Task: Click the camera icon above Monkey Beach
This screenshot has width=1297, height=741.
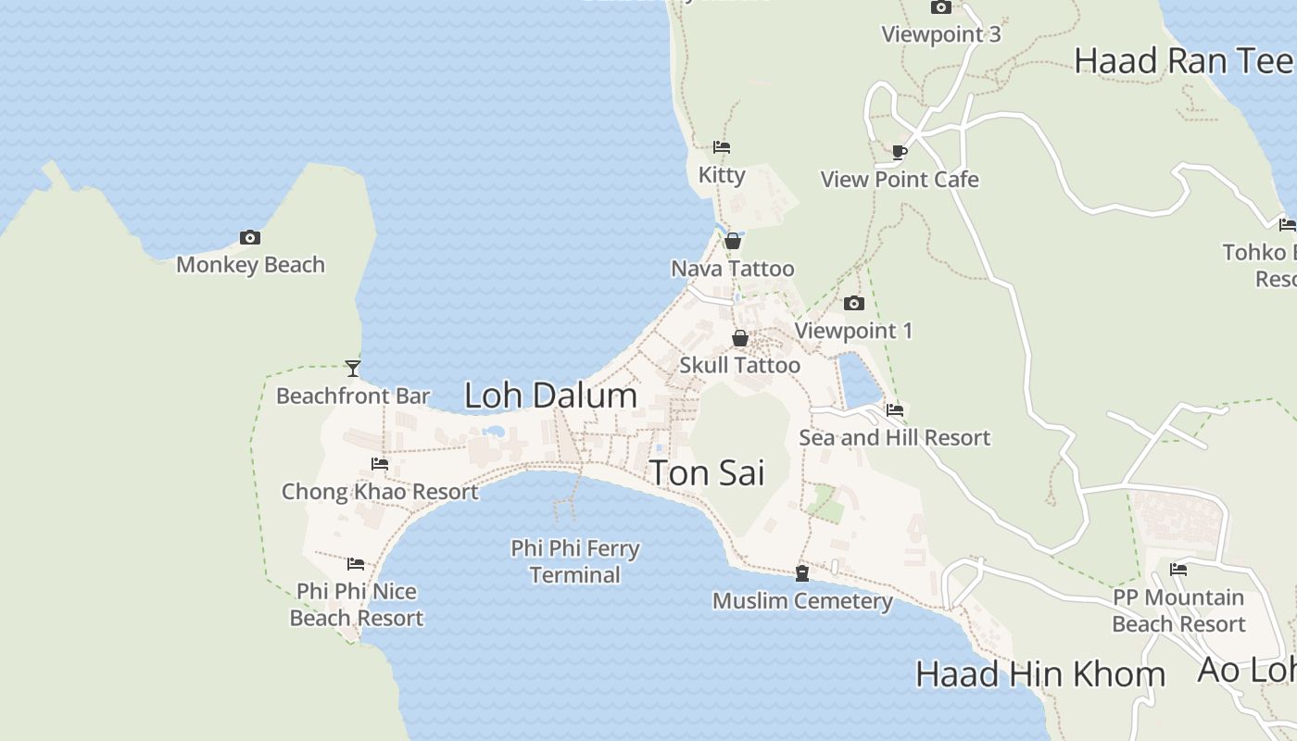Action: click(249, 238)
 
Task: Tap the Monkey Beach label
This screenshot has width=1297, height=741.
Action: click(250, 265)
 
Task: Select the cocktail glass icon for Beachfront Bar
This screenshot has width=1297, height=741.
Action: click(352, 369)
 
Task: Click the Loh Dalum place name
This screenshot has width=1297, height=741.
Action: click(550, 396)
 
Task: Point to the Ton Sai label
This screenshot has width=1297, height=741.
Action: click(707, 472)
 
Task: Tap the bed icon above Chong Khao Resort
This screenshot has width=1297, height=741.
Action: click(380, 464)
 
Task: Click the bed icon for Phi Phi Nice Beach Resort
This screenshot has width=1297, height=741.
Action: click(356, 564)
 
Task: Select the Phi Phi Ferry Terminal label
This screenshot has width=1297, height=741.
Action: click(575, 561)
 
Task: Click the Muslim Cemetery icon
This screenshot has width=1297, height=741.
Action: click(802, 574)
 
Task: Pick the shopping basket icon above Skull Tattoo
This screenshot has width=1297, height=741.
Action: click(739, 338)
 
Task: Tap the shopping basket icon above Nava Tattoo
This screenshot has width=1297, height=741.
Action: click(733, 241)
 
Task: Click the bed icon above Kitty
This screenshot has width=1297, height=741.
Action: click(722, 147)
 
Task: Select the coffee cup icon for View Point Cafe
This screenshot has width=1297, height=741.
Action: click(900, 152)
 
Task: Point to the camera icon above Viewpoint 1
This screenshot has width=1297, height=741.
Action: click(854, 303)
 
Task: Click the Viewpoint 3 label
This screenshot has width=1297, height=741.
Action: click(941, 34)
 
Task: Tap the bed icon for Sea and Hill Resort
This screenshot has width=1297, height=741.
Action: click(895, 410)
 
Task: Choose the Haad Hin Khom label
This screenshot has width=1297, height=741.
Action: click(1040, 673)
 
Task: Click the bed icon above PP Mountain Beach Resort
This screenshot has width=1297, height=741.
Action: click(1178, 570)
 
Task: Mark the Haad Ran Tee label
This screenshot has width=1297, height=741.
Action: click(1183, 61)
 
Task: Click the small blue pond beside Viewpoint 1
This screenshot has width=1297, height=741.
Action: click(858, 380)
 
